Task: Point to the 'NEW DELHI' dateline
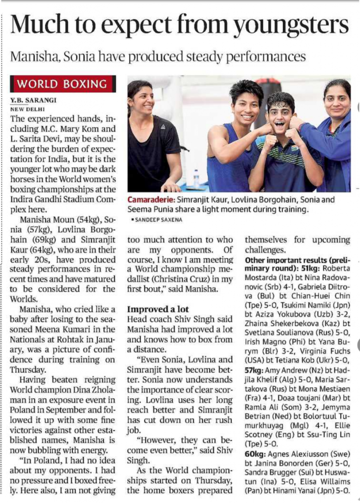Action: point(28,109)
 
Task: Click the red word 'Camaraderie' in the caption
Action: point(153,200)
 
